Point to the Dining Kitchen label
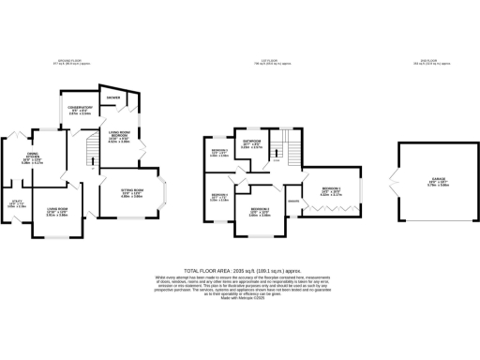click(55, 158)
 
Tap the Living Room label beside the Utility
click(59, 211)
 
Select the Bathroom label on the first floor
click(251, 144)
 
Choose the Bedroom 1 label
click(331, 192)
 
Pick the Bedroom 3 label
click(218, 153)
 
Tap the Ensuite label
click(292, 202)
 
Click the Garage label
click(438, 184)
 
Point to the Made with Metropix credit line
click(240, 303)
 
